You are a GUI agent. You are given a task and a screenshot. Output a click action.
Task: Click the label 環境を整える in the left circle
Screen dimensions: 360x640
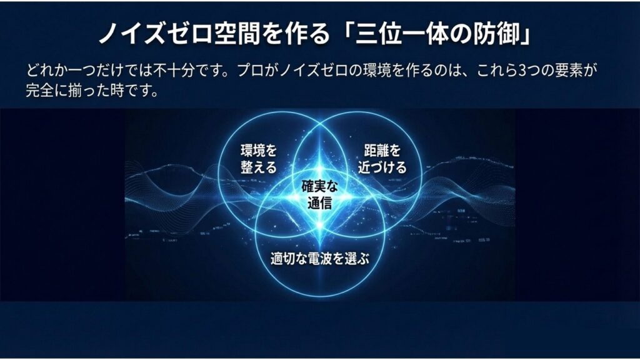pos(259,159)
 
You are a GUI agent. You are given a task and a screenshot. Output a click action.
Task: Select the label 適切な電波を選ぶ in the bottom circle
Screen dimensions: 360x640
pos(319,258)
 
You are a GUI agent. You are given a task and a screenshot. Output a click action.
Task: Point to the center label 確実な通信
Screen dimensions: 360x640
pos(319,194)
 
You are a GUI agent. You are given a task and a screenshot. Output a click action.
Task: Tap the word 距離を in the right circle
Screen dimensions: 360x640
pos(382,151)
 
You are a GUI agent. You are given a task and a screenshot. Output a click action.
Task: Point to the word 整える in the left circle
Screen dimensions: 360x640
pos(259,167)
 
